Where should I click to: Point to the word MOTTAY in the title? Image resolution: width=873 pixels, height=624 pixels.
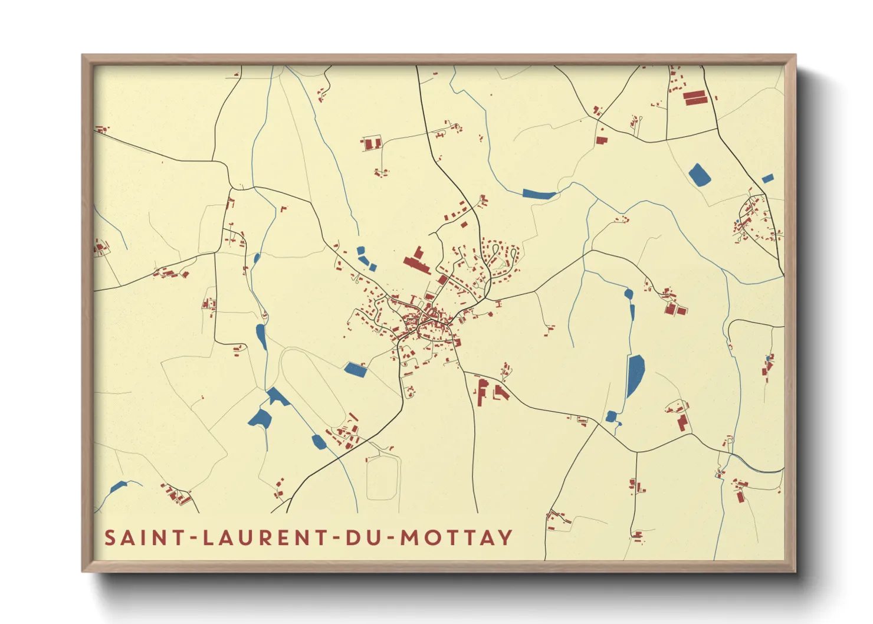457,538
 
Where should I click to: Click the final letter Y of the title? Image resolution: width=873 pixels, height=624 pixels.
505,538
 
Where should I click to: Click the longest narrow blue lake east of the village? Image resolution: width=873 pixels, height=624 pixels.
635,375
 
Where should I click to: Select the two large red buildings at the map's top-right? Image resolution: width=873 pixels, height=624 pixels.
695,97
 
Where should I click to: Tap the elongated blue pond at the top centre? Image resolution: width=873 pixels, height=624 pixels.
539,193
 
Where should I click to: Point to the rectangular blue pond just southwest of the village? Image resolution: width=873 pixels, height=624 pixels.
356,369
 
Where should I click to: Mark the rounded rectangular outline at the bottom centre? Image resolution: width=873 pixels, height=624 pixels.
383,478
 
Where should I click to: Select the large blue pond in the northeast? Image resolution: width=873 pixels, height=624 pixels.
699,175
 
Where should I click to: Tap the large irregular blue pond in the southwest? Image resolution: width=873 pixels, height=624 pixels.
260,418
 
